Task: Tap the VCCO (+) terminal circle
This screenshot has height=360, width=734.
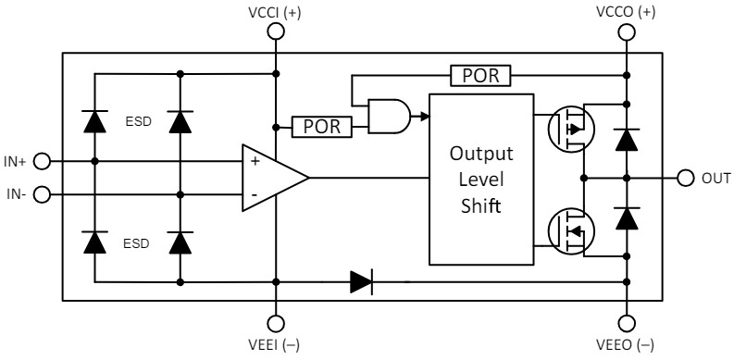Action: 627,31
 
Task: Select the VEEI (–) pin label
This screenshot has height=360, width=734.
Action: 275,347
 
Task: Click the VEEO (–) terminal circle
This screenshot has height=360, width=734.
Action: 627,323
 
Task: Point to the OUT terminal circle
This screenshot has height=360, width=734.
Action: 686,177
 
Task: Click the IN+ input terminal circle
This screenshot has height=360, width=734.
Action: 41,160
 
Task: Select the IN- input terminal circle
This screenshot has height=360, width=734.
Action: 41,194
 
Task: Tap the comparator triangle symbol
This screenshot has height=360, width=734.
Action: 271,177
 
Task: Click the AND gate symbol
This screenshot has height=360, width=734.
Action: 388,117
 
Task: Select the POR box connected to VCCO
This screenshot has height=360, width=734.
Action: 480,75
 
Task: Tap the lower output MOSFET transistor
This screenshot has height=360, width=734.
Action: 566,228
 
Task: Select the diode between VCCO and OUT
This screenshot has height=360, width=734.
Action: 627,139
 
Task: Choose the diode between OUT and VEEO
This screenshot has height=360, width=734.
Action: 627,217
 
